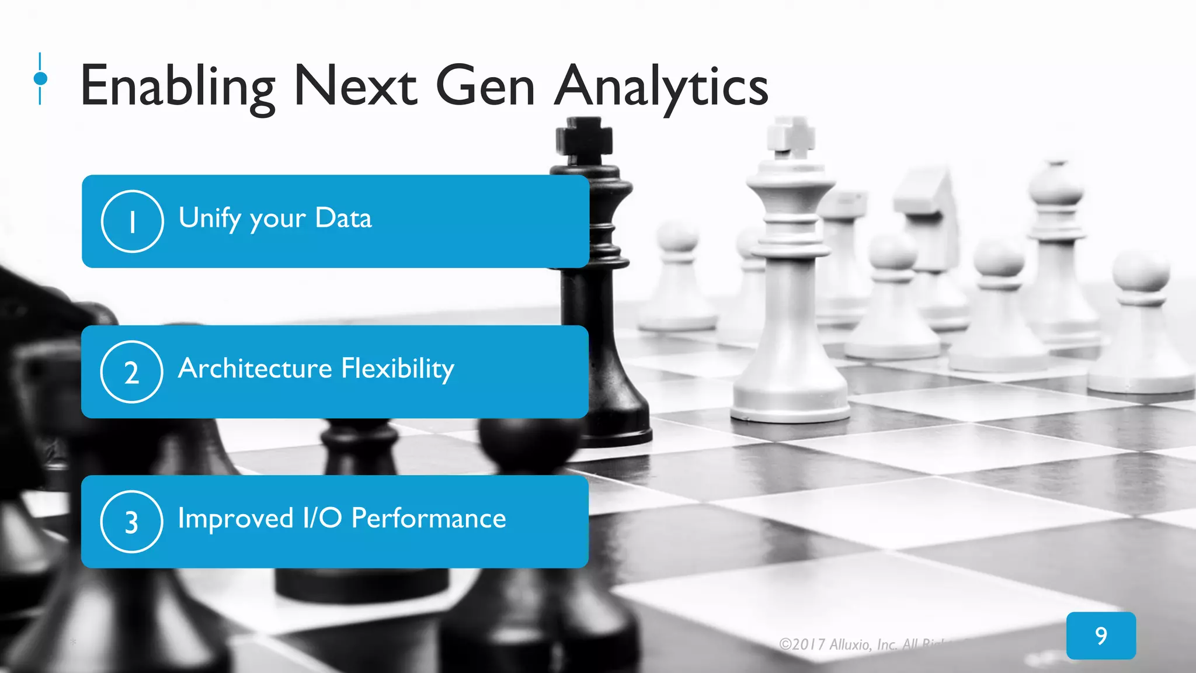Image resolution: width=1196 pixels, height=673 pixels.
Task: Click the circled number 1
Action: [x=132, y=221]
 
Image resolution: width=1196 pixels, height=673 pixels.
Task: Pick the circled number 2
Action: [x=131, y=372]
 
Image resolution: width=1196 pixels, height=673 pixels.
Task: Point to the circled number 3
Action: [x=131, y=522]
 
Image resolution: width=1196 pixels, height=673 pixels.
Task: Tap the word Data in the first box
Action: [x=343, y=218]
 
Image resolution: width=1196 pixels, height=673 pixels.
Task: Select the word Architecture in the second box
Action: [x=255, y=368]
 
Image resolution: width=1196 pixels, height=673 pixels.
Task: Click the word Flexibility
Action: [x=398, y=368]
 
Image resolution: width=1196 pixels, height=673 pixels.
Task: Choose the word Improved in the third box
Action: [x=235, y=518]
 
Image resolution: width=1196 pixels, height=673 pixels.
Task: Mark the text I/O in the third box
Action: [x=322, y=518]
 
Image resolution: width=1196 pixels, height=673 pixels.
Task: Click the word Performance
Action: [x=429, y=518]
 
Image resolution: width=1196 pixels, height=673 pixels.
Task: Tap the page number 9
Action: [x=1101, y=636]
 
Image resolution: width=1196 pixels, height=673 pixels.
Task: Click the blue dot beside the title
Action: [x=40, y=78]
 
